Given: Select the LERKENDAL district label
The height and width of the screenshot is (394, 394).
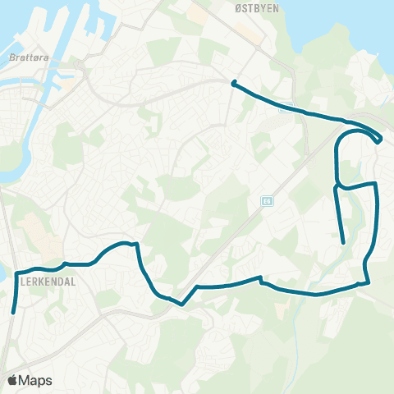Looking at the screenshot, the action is coord(47,281).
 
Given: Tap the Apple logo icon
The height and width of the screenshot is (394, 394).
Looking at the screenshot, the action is coord(13,380).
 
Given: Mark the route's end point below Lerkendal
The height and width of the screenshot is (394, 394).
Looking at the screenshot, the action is coord(13,312).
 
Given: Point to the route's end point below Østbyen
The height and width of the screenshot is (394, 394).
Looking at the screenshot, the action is coord(234,82).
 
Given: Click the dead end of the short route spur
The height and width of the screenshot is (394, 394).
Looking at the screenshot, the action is coord(342,242).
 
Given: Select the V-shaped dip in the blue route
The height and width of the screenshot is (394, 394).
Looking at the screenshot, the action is coord(183,303).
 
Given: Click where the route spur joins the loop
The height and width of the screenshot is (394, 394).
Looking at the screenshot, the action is coord(337,186).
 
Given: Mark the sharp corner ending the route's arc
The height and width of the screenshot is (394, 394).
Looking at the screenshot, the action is coord(137,244).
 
